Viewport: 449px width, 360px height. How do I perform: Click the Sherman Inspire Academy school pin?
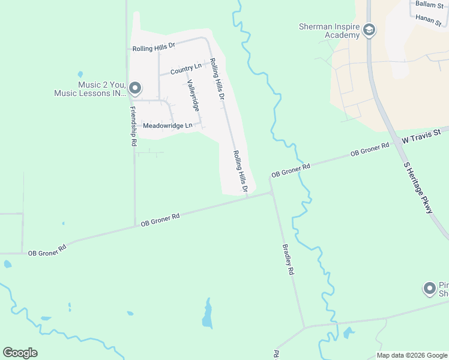click(x=369, y=30)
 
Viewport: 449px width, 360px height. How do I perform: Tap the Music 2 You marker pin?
click(x=135, y=89)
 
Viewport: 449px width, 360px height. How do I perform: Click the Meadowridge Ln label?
click(x=167, y=125)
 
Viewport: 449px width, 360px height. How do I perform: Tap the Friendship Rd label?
click(x=133, y=127)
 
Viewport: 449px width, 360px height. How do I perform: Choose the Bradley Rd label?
click(x=289, y=259)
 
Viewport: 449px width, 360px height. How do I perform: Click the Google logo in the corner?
click(x=20, y=353)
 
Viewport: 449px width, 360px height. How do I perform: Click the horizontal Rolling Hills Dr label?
click(x=153, y=46)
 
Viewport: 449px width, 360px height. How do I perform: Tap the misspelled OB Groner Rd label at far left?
click(x=47, y=250)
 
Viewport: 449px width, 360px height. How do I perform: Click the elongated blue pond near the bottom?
click(x=207, y=314)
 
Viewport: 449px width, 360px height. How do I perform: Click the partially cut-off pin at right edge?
click(x=429, y=289)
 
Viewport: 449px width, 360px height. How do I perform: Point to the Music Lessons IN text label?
click(x=89, y=93)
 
